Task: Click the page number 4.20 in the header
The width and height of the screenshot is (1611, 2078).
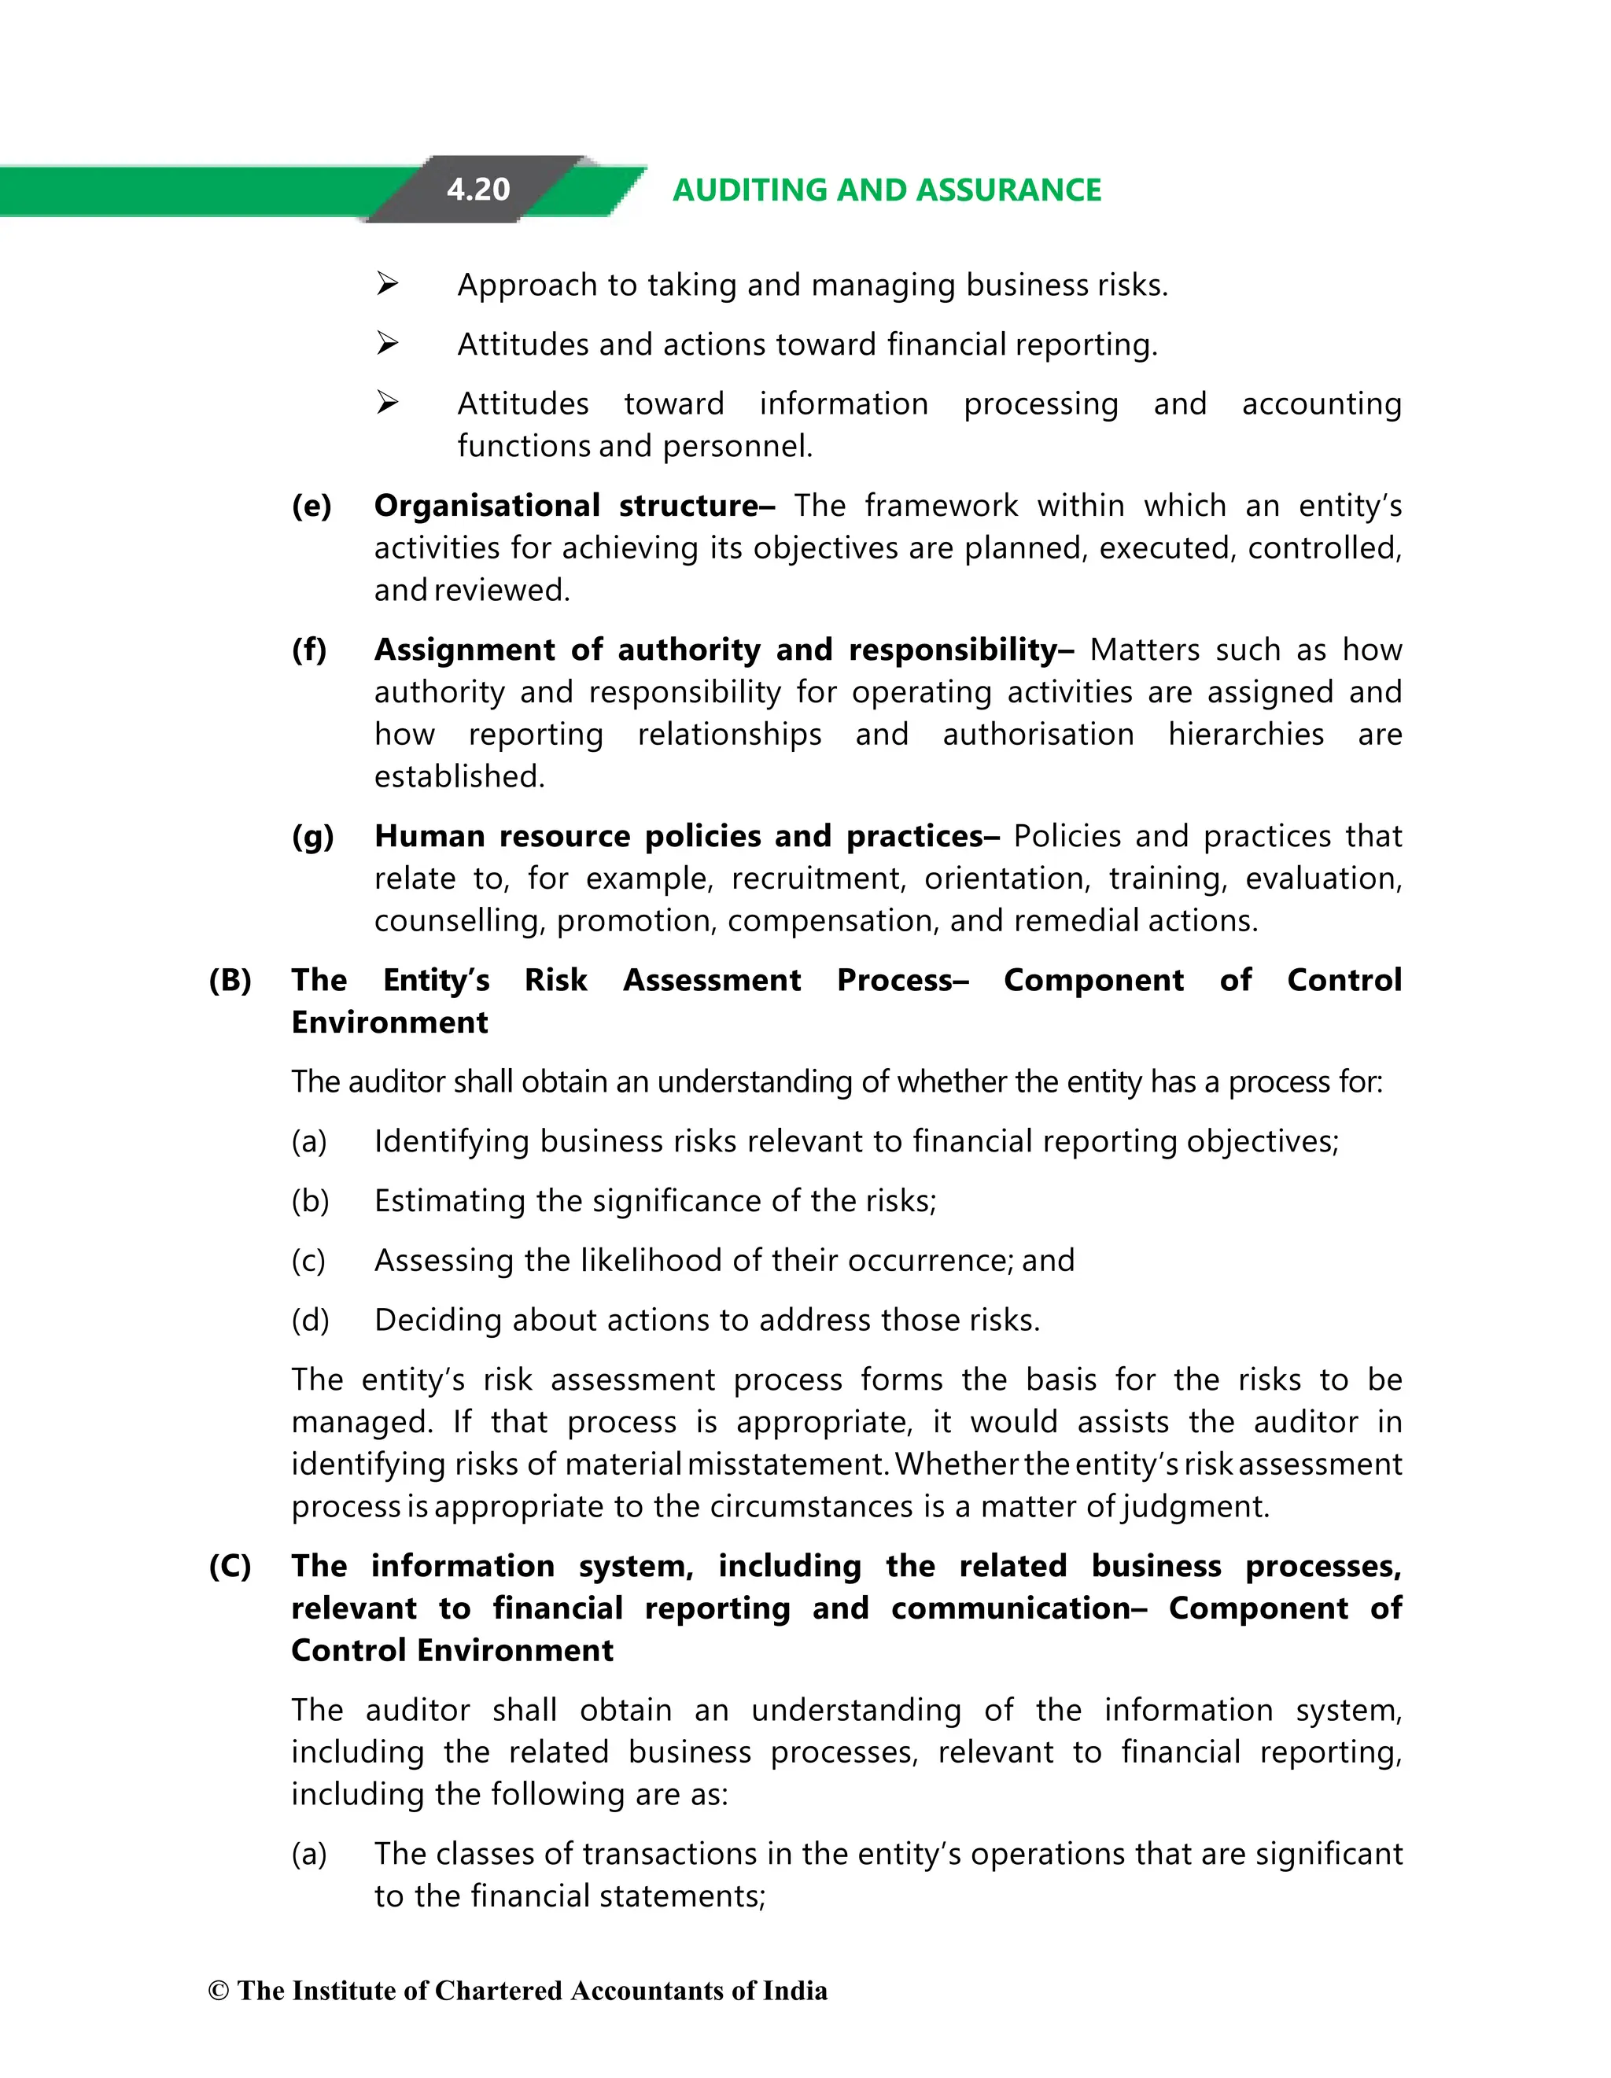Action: (x=477, y=190)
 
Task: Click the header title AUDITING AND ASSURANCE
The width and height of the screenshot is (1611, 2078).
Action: (x=886, y=190)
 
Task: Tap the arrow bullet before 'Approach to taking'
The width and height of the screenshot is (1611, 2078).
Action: (x=386, y=283)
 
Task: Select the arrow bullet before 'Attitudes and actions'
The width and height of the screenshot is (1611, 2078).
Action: (x=386, y=342)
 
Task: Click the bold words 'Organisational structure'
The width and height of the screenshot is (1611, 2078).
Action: (x=567, y=505)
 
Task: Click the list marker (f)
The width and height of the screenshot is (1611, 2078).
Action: (x=309, y=650)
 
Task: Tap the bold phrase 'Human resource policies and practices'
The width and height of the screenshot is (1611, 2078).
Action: (x=679, y=836)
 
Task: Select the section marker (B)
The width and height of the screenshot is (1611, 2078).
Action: (x=230, y=980)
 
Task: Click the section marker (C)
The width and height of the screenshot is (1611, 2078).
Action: (x=230, y=1566)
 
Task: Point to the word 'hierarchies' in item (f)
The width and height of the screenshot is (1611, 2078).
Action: (x=1245, y=735)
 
